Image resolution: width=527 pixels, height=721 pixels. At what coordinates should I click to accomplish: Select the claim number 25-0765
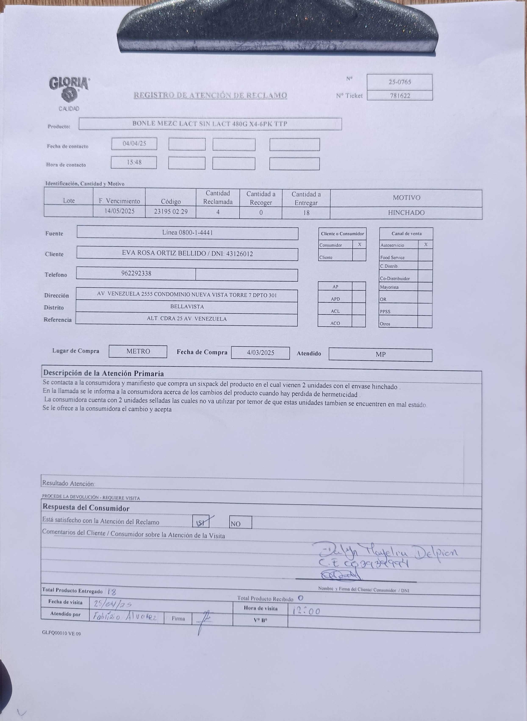[x=400, y=82]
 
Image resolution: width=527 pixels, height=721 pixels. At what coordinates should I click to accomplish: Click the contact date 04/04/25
[x=134, y=144]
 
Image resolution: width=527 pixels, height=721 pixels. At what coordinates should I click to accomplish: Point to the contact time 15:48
[x=134, y=162]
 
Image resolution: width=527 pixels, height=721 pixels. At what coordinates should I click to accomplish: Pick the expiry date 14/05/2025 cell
[x=119, y=211]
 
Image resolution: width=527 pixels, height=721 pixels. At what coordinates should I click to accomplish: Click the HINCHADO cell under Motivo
[x=406, y=213]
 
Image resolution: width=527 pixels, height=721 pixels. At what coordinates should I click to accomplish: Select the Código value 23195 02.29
[x=171, y=211]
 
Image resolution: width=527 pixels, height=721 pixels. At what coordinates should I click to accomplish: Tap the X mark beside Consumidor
[x=359, y=245]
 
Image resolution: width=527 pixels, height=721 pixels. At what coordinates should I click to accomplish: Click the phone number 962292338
[x=136, y=273]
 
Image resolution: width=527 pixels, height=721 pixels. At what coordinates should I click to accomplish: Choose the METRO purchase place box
[x=138, y=351]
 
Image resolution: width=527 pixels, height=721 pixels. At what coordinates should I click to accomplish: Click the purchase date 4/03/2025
[x=260, y=353]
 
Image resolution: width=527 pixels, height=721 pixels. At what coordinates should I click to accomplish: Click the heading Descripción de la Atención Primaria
[x=103, y=373]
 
